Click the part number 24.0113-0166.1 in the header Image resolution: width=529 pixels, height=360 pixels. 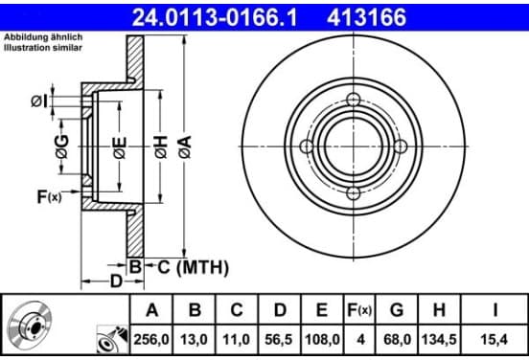pyautogui.click(x=215, y=17)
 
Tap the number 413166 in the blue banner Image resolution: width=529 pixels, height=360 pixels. pyautogui.click(x=366, y=17)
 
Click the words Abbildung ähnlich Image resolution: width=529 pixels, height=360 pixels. pyautogui.click(x=43, y=37)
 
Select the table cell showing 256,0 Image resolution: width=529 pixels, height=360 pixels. pyautogui.click(x=151, y=340)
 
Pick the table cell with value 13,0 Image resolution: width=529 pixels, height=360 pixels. pyautogui.click(x=194, y=340)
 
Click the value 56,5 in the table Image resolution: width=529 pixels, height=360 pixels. pyautogui.click(x=279, y=340)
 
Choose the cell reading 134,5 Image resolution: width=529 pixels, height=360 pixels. pyautogui.click(x=439, y=340)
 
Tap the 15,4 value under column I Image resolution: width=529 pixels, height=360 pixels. pyautogui.click(x=494, y=340)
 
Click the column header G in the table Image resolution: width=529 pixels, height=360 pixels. pyautogui.click(x=397, y=310)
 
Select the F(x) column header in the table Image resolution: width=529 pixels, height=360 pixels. pyautogui.click(x=359, y=310)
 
